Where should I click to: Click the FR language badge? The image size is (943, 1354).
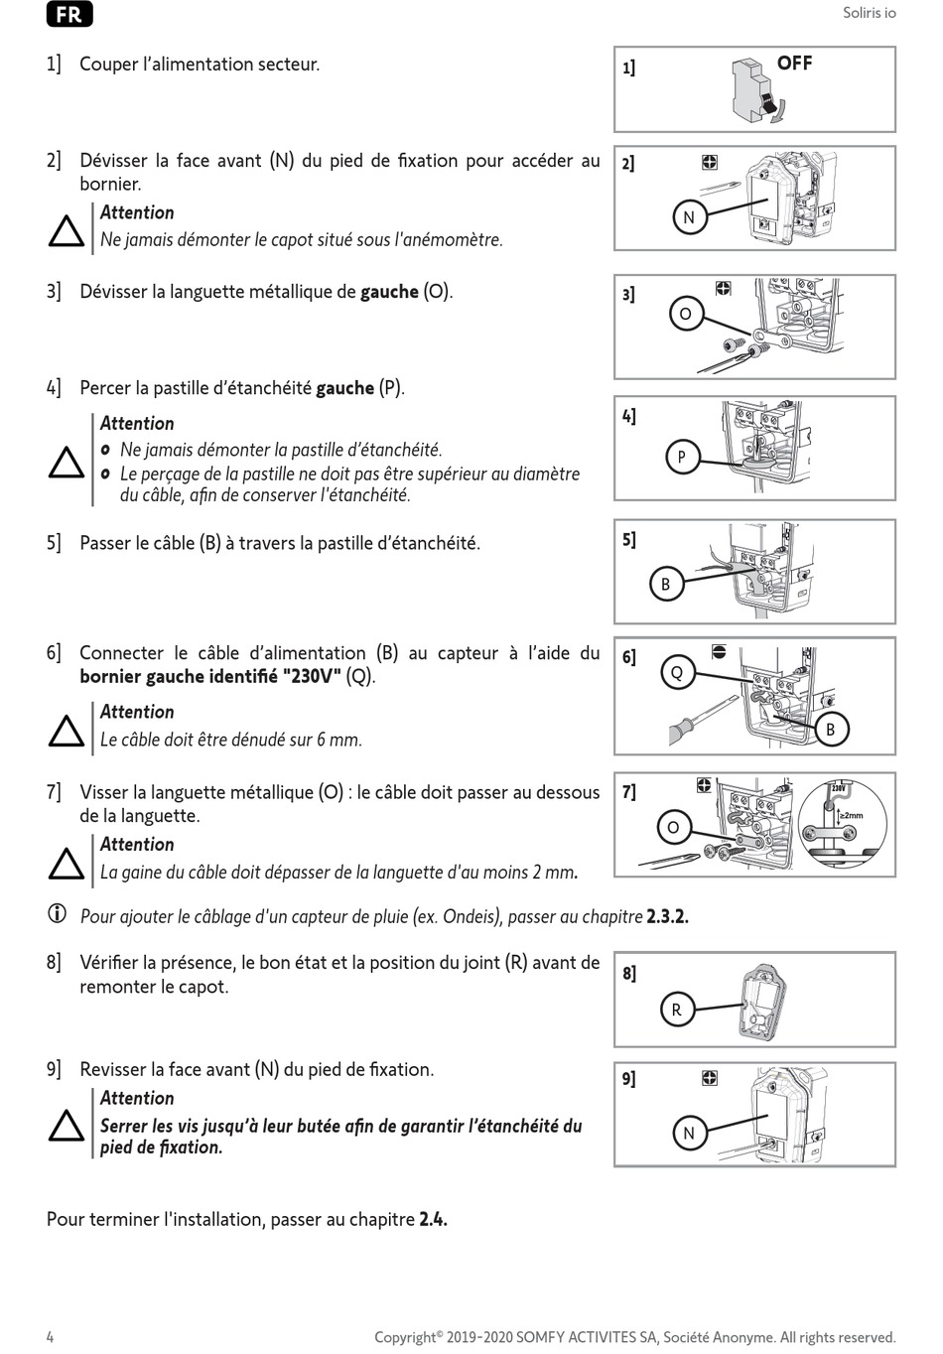69,15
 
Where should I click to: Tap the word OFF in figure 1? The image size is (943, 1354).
794,64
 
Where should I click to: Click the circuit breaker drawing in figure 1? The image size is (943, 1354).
753,90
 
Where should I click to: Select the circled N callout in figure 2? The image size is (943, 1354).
689,217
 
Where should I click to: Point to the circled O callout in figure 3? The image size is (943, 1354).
685,315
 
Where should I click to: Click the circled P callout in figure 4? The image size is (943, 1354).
681,458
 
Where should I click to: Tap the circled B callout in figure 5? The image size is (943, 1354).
665,585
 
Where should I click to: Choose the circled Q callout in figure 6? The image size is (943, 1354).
677,673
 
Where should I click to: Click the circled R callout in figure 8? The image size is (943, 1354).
676,1011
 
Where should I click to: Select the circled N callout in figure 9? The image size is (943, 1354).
689,1133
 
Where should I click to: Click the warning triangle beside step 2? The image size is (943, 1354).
67,232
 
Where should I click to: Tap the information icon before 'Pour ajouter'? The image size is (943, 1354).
57,914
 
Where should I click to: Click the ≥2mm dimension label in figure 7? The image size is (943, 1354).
852,815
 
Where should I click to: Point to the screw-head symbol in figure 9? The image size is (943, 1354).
709,1078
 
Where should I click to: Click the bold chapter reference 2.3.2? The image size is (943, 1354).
667,916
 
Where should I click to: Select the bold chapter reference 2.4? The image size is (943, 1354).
433,1219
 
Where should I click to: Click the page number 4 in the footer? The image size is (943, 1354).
51,1337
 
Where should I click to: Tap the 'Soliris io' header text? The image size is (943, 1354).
869,13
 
